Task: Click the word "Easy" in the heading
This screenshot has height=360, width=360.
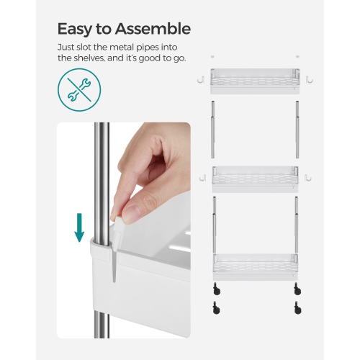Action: (x=76, y=29)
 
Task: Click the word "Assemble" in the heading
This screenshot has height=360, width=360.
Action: (x=154, y=29)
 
